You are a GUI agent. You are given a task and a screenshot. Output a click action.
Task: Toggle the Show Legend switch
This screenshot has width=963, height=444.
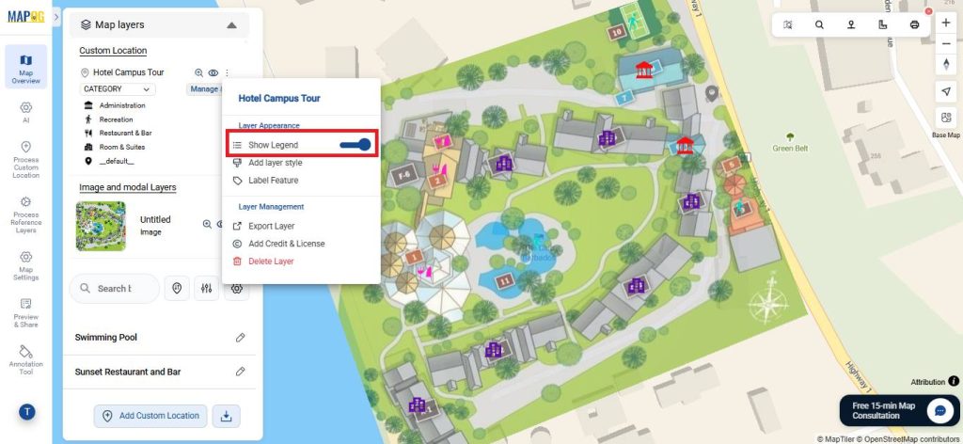tap(357, 145)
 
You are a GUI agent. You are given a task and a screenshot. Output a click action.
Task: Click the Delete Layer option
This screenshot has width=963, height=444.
tap(271, 261)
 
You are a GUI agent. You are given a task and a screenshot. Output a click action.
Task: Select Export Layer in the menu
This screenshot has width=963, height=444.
tap(271, 226)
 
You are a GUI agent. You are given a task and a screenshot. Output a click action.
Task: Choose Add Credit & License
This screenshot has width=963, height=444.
tap(286, 244)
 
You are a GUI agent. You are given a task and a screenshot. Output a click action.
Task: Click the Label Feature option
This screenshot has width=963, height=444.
tap(273, 181)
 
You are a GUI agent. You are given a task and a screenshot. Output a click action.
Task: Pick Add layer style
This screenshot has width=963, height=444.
tap(275, 163)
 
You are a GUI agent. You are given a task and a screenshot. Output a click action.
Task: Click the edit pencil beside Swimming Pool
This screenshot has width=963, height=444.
tap(241, 338)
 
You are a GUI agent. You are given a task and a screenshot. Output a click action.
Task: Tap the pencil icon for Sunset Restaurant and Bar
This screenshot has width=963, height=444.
tap(241, 372)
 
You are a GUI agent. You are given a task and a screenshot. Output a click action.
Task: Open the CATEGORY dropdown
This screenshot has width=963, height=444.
tap(118, 89)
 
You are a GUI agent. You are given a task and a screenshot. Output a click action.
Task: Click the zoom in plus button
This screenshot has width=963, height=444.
tap(946, 23)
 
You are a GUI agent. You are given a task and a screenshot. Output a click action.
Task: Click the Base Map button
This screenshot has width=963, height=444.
tap(946, 121)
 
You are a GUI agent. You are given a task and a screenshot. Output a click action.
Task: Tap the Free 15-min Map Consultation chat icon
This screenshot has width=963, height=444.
tap(939, 411)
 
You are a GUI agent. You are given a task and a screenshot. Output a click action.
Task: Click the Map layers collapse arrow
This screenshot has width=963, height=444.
tap(231, 25)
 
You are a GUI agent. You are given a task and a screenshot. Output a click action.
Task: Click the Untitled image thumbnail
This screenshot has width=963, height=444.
tap(101, 226)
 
